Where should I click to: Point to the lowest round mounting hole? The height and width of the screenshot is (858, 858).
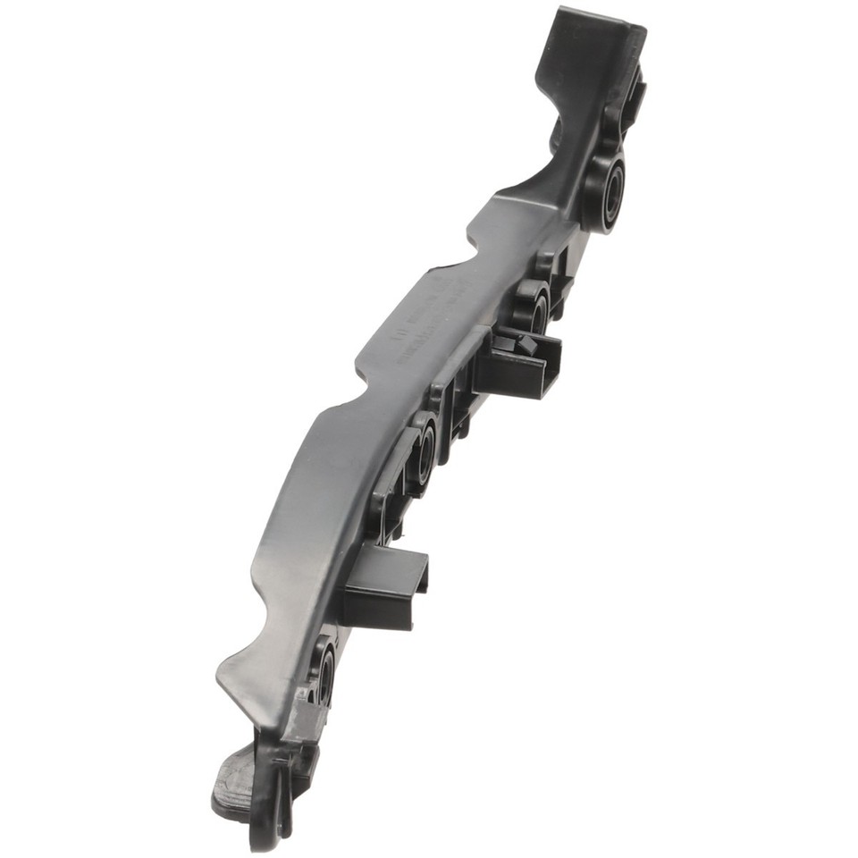[x=324, y=672]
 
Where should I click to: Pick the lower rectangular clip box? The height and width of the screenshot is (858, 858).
[x=384, y=585]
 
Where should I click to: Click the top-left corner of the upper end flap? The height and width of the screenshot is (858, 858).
[x=560, y=13]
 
